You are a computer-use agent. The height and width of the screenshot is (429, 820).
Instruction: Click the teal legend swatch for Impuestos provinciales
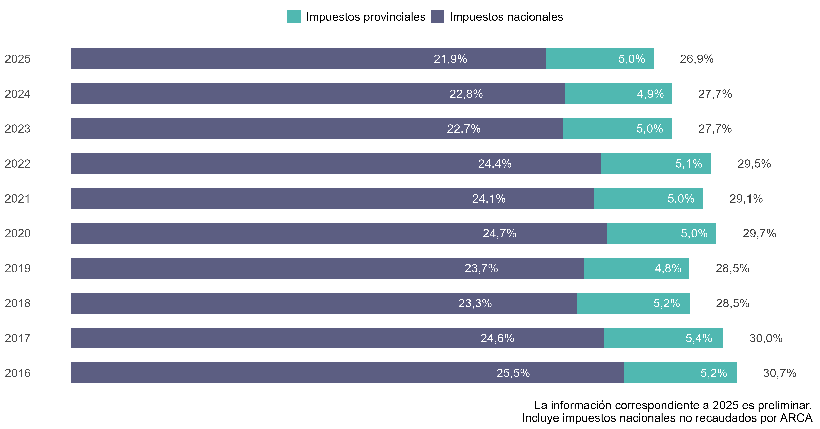click(294, 17)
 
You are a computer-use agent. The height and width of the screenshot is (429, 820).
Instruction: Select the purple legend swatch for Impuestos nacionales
click(438, 17)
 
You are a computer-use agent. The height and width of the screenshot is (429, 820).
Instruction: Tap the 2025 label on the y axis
click(18, 59)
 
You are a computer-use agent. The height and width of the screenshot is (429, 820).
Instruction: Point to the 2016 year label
click(18, 373)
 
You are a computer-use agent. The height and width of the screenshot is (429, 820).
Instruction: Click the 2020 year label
click(18, 234)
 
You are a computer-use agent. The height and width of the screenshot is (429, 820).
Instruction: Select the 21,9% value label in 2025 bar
click(450, 59)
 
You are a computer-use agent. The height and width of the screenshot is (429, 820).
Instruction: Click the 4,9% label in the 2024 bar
click(650, 94)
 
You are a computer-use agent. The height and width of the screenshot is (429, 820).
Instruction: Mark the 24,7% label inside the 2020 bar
click(499, 234)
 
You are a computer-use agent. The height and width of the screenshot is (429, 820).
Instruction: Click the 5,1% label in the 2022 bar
click(688, 164)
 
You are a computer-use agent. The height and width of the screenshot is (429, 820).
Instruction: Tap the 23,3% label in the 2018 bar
click(475, 303)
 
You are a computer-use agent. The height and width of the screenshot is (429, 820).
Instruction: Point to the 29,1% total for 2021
click(746, 199)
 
